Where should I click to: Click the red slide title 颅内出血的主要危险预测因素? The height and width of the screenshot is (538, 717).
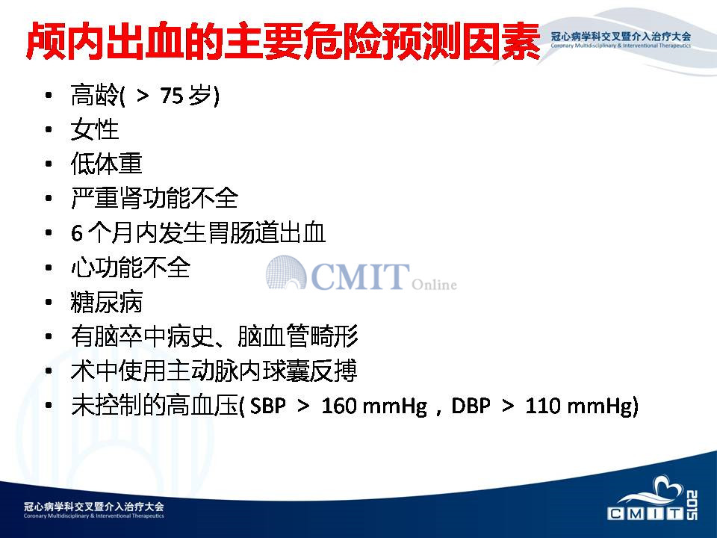pyautogui.click(x=284, y=40)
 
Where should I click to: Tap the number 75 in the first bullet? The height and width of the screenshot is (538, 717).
pyautogui.click(x=172, y=96)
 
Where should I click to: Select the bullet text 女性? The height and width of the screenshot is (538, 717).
pyautogui.click(x=95, y=129)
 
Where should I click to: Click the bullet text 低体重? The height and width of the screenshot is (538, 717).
pyautogui.click(x=107, y=164)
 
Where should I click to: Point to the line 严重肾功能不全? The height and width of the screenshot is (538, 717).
pyautogui.click(x=155, y=198)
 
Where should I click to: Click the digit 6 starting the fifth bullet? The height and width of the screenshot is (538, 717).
pyautogui.click(x=76, y=233)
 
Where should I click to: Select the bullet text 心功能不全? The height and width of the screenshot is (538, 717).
pyautogui.click(x=130, y=268)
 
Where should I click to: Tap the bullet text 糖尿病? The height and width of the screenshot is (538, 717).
pyautogui.click(x=107, y=302)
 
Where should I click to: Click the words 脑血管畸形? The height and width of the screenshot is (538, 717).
pyautogui.click(x=298, y=336)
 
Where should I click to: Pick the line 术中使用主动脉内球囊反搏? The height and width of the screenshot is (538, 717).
pyautogui.click(x=214, y=371)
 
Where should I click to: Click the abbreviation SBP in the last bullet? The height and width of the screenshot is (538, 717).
pyautogui.click(x=267, y=405)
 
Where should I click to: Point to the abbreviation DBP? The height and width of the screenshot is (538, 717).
pyautogui.click(x=471, y=405)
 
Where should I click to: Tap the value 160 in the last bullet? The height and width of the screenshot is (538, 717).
pyautogui.click(x=338, y=405)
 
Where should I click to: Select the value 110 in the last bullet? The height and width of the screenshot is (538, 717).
pyautogui.click(x=542, y=405)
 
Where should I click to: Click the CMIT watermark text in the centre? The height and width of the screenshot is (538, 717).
pyautogui.click(x=360, y=276)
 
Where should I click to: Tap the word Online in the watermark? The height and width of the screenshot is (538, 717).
pyautogui.click(x=434, y=284)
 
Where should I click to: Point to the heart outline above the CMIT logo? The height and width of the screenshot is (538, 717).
pyautogui.click(x=668, y=486)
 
